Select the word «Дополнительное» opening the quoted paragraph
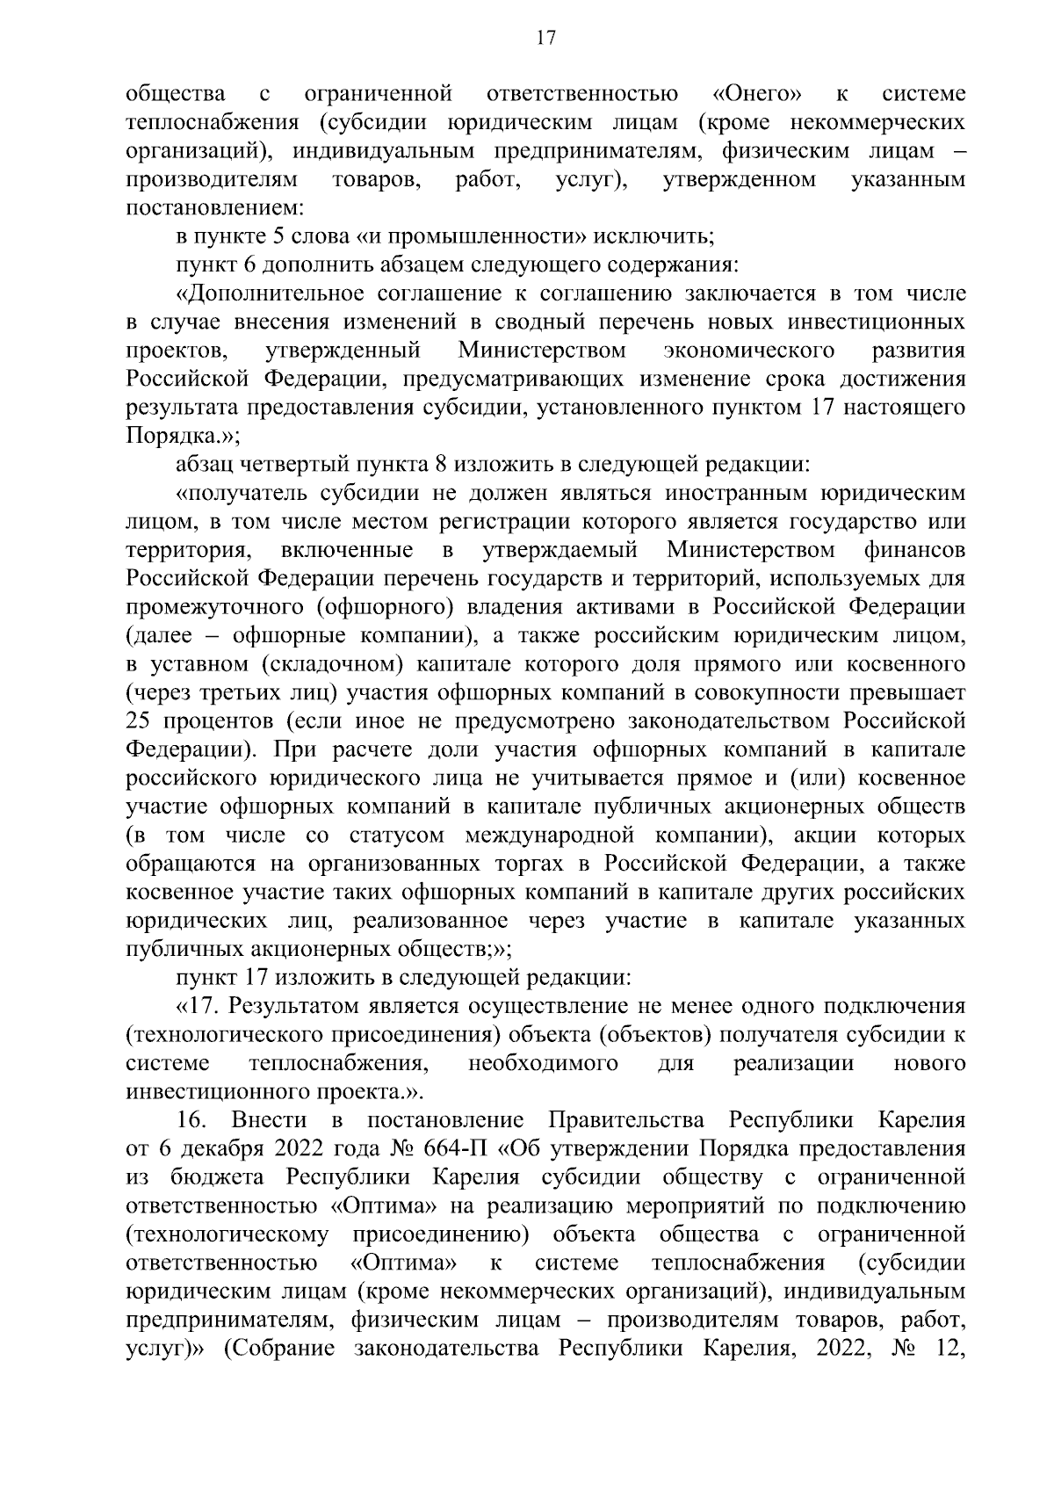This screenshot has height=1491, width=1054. coord(270,293)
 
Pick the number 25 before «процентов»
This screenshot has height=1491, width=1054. coord(141,721)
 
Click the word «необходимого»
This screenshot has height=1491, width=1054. coord(542,1063)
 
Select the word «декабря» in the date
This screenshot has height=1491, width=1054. coord(220,1149)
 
